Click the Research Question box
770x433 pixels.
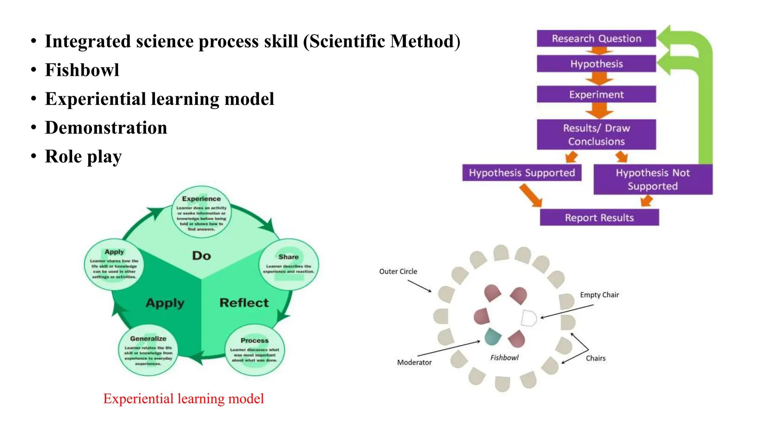click(x=596, y=38)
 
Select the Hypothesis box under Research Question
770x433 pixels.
click(x=596, y=64)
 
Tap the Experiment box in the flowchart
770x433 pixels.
click(x=596, y=94)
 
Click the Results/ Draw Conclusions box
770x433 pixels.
click(x=596, y=135)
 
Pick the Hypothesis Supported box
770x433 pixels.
click(x=522, y=173)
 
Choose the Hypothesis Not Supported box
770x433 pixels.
click(x=653, y=179)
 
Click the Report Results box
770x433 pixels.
click(x=599, y=218)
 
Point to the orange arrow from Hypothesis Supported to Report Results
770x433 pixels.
click(x=531, y=195)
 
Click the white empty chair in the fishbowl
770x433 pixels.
click(x=529, y=318)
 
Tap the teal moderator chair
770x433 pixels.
click(x=493, y=336)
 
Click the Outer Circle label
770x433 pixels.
click(x=398, y=271)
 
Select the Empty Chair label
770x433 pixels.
click(x=599, y=295)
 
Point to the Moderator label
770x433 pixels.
click(x=414, y=362)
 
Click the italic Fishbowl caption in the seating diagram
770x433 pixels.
click(x=504, y=358)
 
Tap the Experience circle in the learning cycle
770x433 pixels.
click(x=202, y=212)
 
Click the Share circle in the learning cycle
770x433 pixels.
click(x=289, y=264)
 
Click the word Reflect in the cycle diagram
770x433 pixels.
click(x=244, y=303)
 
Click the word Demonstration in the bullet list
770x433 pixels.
click(x=106, y=128)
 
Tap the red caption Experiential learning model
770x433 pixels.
click(x=183, y=398)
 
